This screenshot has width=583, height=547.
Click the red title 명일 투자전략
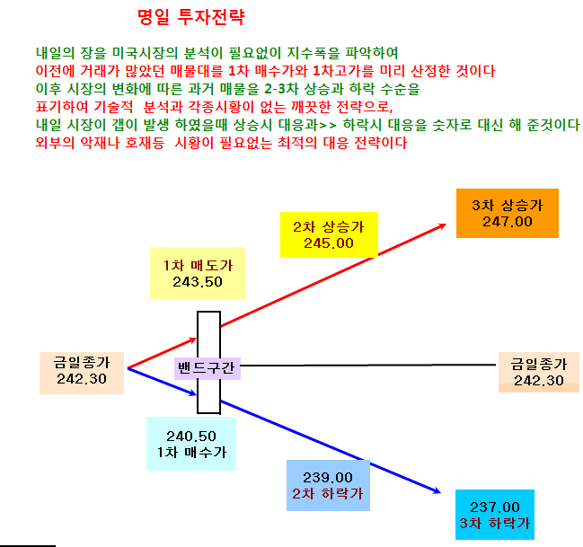[191, 17]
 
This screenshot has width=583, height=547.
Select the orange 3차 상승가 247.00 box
[508, 213]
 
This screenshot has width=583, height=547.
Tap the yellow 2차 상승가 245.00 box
[329, 234]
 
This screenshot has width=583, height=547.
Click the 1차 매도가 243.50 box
[198, 273]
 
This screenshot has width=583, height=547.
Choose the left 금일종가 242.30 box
[82, 373]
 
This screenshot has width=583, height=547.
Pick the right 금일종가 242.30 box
[539, 372]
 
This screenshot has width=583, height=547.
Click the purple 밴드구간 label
[208, 368]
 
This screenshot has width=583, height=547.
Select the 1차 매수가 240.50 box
[191, 444]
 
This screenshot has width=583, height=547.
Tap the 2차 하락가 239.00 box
[328, 485]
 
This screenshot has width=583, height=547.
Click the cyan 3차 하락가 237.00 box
[494, 515]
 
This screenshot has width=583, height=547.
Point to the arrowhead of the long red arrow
[446, 224]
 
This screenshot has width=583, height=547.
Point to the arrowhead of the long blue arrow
[440, 493]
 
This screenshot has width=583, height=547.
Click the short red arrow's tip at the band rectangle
[197, 338]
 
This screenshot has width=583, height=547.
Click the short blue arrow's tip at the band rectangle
[197, 394]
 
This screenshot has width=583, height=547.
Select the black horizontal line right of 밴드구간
[368, 366]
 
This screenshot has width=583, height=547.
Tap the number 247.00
[508, 222]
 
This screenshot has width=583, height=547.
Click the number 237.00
[494, 507]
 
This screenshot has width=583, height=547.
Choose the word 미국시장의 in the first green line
[145, 53]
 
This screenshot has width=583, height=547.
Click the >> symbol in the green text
[328, 125]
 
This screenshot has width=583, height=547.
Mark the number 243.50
[198, 282]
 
